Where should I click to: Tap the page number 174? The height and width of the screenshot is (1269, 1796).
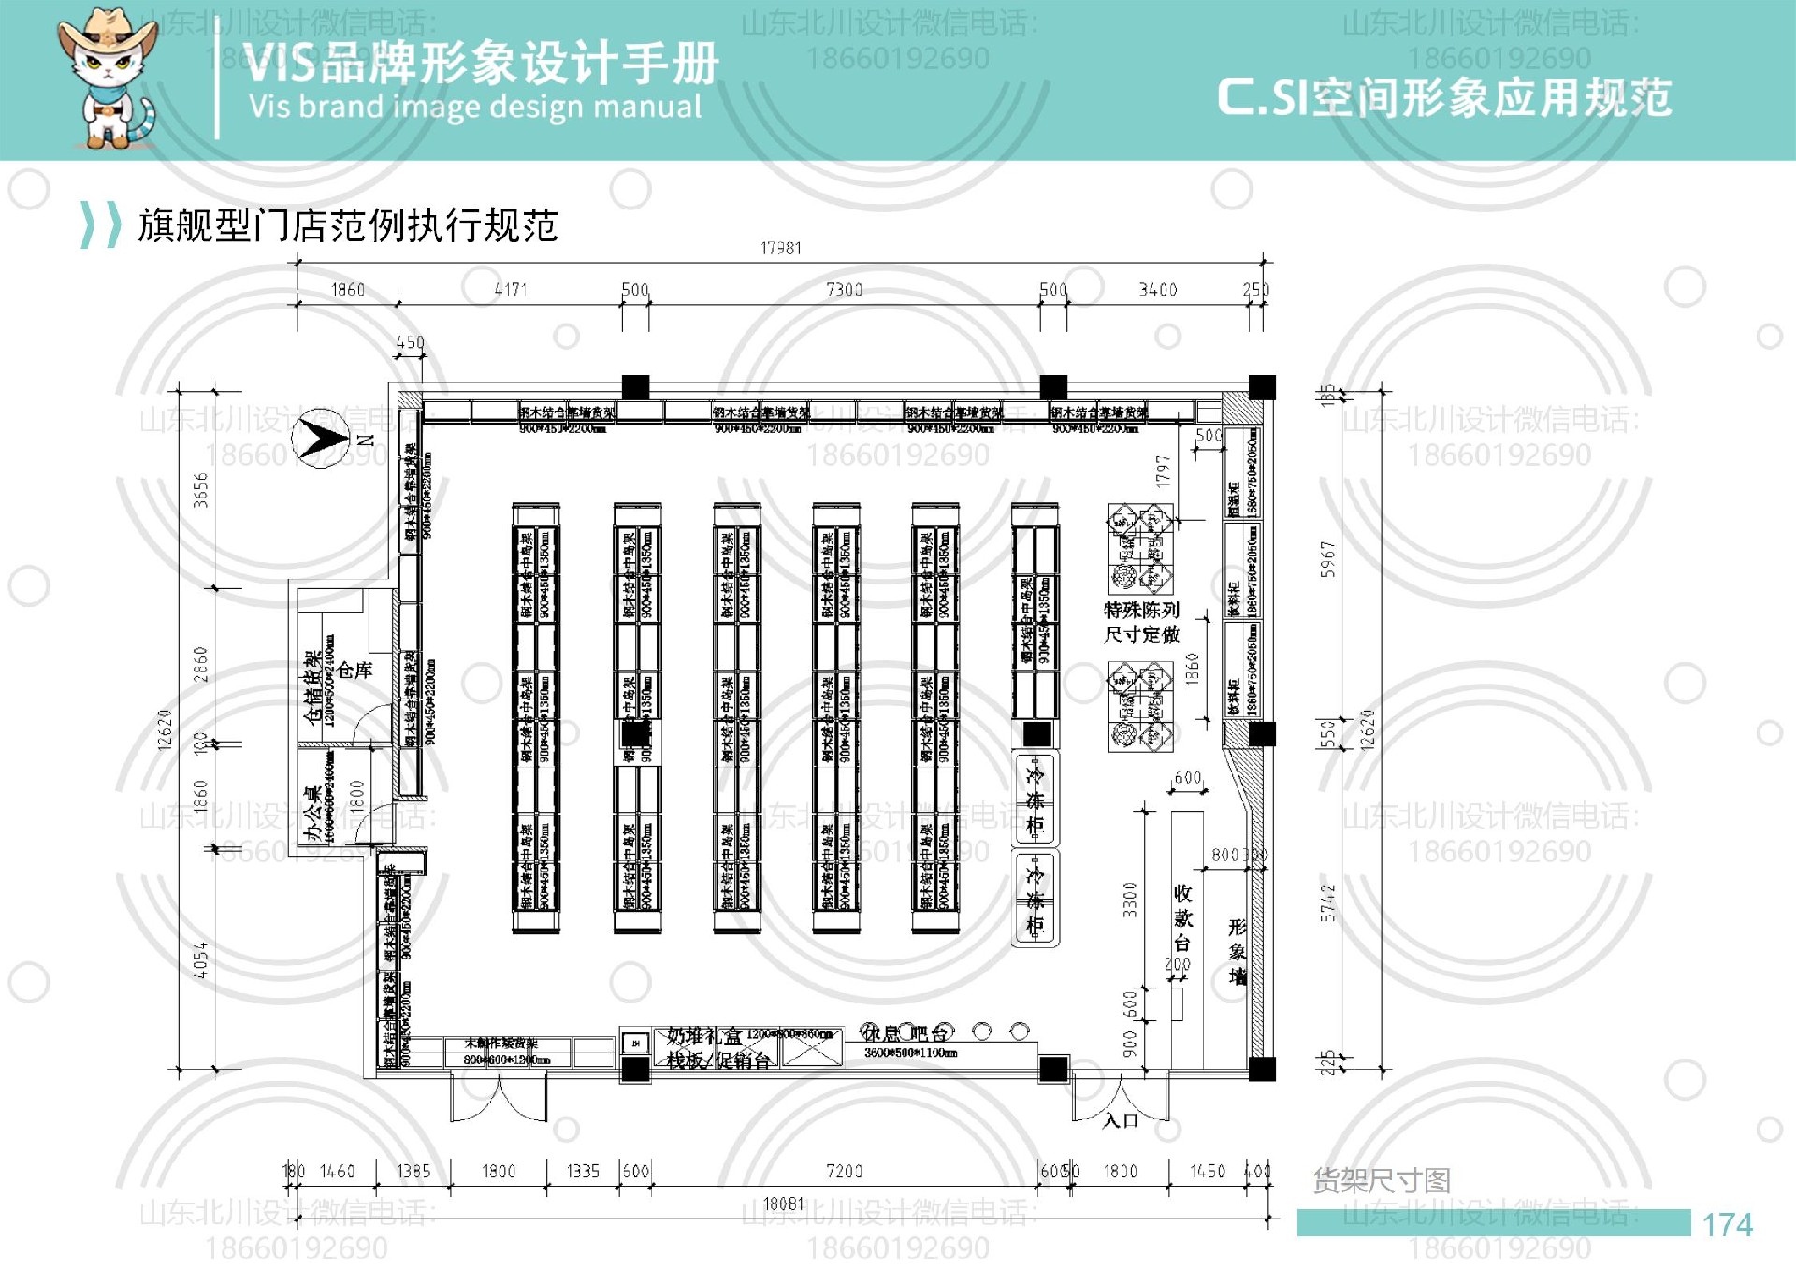click(1727, 1225)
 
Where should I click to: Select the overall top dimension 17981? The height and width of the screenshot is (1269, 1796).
click(780, 248)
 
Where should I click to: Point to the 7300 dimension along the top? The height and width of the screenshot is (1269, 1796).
click(844, 290)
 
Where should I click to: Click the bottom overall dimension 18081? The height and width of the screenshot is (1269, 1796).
click(783, 1204)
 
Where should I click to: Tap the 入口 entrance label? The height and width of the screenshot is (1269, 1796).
click(1121, 1120)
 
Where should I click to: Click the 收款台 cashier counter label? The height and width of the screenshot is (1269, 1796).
click(1182, 917)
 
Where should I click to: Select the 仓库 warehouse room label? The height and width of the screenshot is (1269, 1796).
click(355, 670)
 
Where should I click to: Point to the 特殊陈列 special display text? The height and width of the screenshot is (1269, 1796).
click(1141, 610)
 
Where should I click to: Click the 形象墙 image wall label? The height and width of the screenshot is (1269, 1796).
click(1238, 951)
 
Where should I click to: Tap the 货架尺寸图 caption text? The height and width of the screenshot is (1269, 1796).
click(1382, 1180)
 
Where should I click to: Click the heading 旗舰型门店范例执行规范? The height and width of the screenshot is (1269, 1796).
click(348, 225)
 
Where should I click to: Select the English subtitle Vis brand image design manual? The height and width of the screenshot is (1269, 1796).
click(474, 107)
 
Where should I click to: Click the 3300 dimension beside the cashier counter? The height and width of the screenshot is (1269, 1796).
click(1130, 899)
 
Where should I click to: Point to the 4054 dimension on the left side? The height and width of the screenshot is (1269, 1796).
click(200, 960)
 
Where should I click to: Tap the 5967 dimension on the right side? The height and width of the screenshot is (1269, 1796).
click(1327, 559)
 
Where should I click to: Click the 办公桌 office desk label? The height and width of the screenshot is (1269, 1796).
click(312, 814)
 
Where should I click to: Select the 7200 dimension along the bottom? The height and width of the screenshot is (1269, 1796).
click(844, 1171)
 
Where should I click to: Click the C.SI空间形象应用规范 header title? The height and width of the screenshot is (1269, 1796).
click(1443, 97)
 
